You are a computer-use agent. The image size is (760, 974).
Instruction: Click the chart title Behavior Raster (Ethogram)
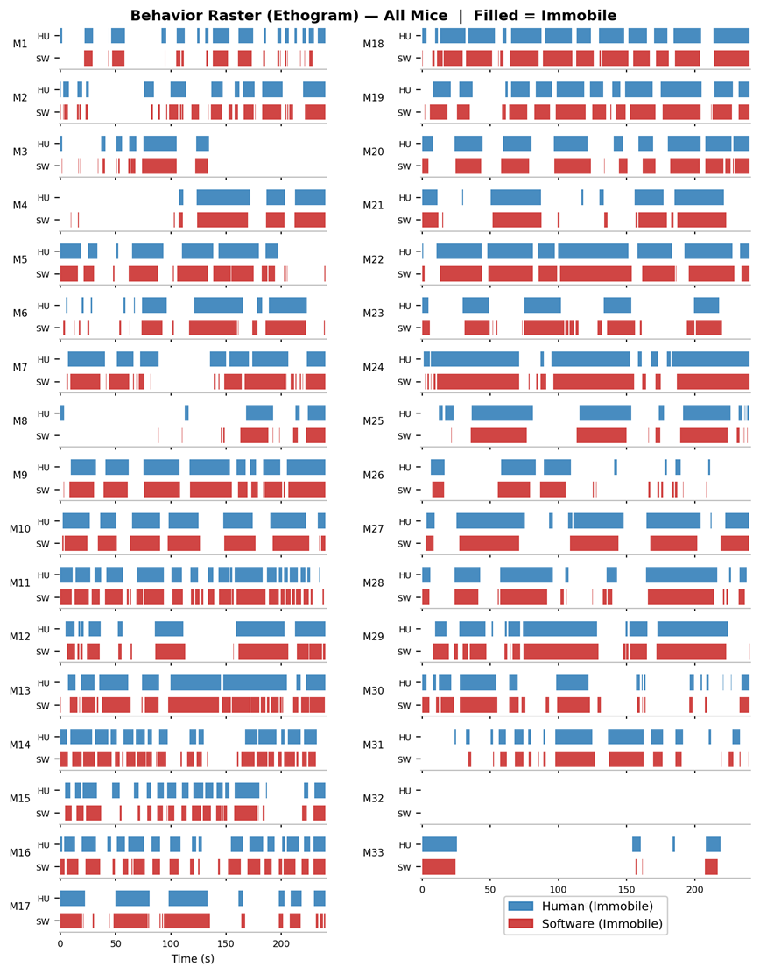click(x=372, y=15)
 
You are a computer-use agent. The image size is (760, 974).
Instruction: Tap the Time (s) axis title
click(x=192, y=959)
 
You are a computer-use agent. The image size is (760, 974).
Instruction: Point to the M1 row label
click(x=19, y=46)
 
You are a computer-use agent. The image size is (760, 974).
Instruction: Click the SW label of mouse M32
click(x=405, y=814)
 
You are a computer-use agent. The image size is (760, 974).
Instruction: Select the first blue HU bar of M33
click(x=440, y=844)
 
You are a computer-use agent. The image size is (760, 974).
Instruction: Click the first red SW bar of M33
click(x=439, y=867)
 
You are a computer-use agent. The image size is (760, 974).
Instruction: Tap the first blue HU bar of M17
click(x=73, y=898)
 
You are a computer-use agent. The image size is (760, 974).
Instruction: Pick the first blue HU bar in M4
click(x=181, y=197)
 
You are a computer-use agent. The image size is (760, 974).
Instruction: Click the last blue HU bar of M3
click(x=202, y=144)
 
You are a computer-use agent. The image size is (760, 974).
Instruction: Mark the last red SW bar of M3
click(x=201, y=166)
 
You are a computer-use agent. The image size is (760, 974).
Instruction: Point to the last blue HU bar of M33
click(x=714, y=844)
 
